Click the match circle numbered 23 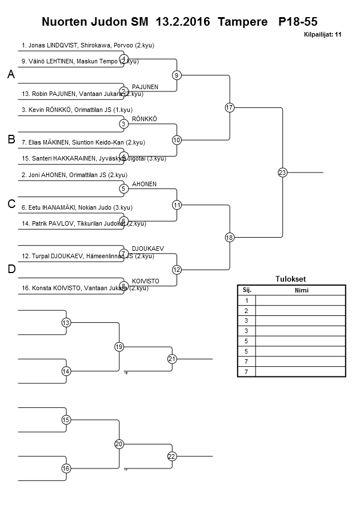[282, 173]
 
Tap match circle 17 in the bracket [230, 107]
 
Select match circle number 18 [230, 237]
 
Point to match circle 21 [172, 359]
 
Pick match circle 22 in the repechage [172, 456]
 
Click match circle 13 [66, 323]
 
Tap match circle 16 [66, 468]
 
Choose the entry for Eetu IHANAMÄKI [77, 207]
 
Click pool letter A [11, 75]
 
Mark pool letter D [11, 270]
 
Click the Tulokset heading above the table [291, 279]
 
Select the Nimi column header [301, 290]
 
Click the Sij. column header [247, 290]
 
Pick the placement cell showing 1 [247, 300]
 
